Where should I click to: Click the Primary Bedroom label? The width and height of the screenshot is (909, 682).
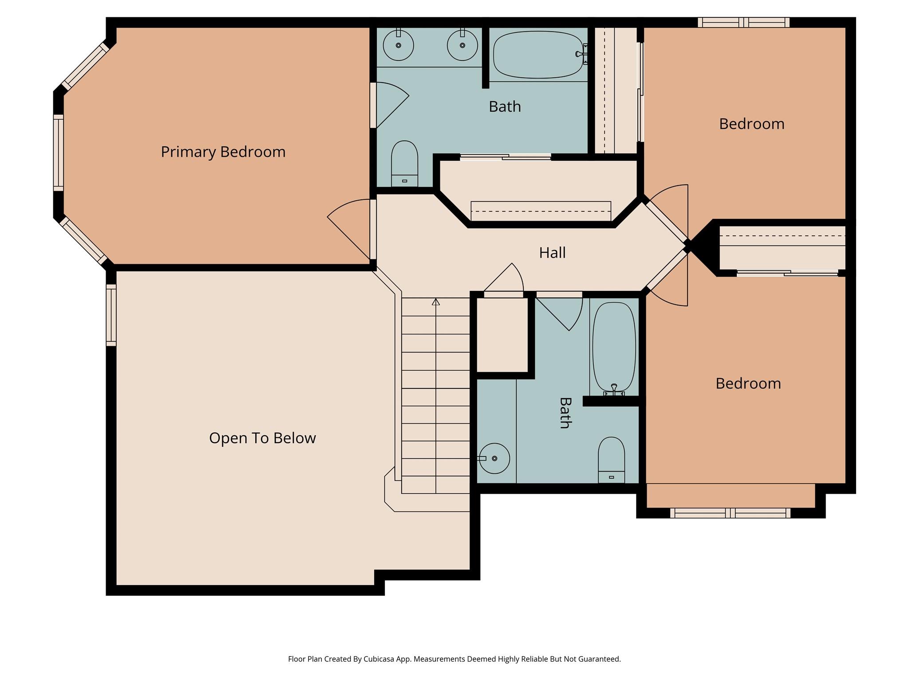pos(223,152)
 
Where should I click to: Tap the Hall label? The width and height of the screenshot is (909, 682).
pos(552,253)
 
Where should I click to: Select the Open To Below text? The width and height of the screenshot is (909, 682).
pos(262,438)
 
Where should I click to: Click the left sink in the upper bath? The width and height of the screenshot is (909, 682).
pos(398,45)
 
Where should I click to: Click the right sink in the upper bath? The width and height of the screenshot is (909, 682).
pos(462,45)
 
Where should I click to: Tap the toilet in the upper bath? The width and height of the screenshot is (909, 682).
pos(404,163)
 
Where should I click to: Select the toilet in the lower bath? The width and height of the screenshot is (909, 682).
pos(611,460)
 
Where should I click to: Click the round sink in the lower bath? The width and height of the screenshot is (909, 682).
pos(494,458)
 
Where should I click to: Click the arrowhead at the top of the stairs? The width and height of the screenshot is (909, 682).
pos(436,302)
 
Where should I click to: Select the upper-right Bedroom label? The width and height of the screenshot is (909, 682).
pos(751,124)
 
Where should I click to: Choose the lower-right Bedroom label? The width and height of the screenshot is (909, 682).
pos(748,384)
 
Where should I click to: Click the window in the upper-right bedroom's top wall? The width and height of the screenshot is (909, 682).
pos(743,22)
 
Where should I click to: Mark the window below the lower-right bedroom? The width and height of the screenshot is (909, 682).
pos(730,513)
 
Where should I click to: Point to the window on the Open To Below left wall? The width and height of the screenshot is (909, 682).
pos(111,315)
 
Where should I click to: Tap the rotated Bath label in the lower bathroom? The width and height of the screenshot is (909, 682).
pos(565,413)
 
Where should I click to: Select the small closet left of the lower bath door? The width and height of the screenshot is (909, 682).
pos(502,335)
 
